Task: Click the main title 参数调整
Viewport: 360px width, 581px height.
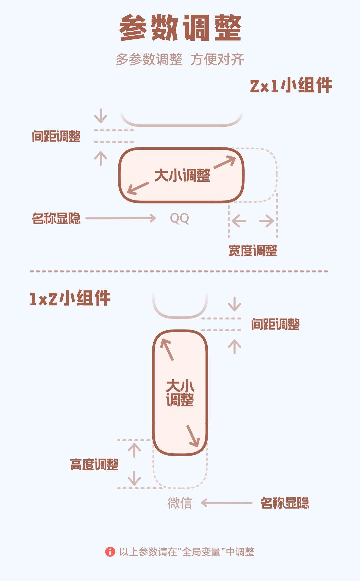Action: click(180, 28)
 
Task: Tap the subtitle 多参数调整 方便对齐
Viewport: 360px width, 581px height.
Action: click(180, 59)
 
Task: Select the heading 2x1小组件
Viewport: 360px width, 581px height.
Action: click(291, 85)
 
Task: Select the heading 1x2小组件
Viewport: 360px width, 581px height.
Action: click(70, 298)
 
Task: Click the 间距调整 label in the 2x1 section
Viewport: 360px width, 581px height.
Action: click(56, 136)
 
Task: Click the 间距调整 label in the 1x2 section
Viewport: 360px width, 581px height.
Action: click(275, 324)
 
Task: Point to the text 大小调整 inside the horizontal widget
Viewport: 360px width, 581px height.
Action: click(182, 175)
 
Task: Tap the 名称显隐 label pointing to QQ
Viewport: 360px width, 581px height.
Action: click(56, 218)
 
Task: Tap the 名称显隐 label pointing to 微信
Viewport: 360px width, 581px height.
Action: click(285, 503)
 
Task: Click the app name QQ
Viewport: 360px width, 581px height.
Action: click(179, 218)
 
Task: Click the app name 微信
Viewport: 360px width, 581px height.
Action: click(180, 503)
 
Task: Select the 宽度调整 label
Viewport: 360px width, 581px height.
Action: click(253, 251)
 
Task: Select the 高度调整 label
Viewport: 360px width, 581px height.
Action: click(94, 465)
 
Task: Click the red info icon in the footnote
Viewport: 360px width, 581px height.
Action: click(110, 552)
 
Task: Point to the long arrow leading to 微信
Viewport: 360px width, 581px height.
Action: click(227, 503)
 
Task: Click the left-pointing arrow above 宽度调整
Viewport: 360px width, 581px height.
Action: click(239, 221)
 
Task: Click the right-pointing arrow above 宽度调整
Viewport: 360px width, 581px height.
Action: click(267, 221)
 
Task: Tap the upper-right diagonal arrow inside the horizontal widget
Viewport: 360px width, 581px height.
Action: click(225, 162)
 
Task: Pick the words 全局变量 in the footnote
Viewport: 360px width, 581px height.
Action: click(201, 552)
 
